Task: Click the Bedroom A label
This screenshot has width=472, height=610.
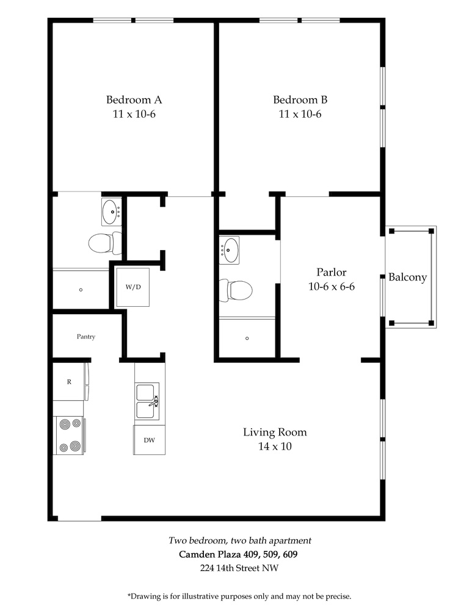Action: click(134, 100)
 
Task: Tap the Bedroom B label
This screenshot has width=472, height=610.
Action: click(300, 100)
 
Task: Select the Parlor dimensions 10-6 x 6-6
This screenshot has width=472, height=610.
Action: click(332, 287)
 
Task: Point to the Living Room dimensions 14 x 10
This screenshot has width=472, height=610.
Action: click(275, 447)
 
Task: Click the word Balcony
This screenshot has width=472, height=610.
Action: click(408, 278)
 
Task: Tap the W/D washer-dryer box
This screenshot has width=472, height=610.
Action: click(133, 287)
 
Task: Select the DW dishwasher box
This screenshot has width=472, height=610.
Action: click(149, 440)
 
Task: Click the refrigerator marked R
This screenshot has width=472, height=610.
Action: click(69, 382)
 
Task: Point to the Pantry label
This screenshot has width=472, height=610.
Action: click(85, 337)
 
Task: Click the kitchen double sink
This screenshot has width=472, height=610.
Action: click(147, 401)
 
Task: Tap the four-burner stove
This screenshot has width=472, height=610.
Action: click(70, 436)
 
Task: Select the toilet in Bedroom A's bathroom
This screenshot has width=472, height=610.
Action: click(105, 243)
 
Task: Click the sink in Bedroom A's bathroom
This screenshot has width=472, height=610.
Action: click(112, 212)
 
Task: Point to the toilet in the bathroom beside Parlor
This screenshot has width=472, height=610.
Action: click(236, 290)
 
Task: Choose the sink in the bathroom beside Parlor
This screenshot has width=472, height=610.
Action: click(230, 250)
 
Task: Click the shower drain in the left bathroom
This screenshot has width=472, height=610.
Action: click(81, 290)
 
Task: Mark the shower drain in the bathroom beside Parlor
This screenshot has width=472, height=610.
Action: click(247, 339)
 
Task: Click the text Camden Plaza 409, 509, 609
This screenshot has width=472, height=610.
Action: click(238, 554)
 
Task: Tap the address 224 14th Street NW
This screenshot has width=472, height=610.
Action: click(239, 568)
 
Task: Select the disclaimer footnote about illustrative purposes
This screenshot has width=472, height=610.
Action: click(239, 596)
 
